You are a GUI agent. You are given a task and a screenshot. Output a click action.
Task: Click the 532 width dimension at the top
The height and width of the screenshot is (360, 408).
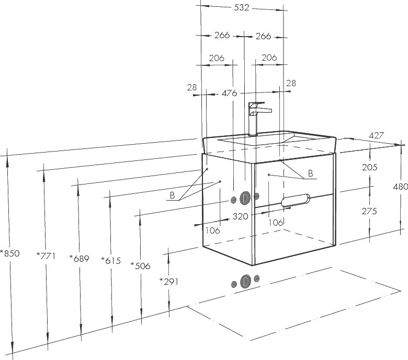pyautogui.click(x=242, y=7)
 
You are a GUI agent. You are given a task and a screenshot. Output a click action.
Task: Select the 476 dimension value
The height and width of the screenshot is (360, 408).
pyautogui.click(x=230, y=93)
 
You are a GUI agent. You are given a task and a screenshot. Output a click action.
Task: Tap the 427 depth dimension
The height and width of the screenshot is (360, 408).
pyautogui.click(x=377, y=135)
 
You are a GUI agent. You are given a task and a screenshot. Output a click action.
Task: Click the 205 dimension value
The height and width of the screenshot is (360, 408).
pyautogui.click(x=369, y=167)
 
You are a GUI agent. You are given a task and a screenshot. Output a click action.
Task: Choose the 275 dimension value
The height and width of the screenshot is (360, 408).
pyautogui.click(x=369, y=211)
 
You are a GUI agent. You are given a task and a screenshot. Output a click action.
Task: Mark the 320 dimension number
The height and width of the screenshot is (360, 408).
pyautogui.click(x=240, y=216)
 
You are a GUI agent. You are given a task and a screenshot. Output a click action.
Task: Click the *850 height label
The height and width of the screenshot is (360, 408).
pyautogui.click(x=10, y=254)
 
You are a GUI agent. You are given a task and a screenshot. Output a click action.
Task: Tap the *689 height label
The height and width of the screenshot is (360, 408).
pyautogui.click(x=80, y=258)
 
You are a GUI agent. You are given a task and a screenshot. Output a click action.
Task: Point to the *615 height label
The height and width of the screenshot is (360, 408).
pyautogui.click(x=110, y=261)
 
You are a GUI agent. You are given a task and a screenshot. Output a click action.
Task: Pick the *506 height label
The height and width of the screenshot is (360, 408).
pyautogui.click(x=140, y=265)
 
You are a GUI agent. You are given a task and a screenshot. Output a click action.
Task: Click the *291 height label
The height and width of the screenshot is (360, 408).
pyautogui.click(x=169, y=281)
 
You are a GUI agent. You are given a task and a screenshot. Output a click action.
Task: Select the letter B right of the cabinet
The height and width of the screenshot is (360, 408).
pyautogui.click(x=310, y=173)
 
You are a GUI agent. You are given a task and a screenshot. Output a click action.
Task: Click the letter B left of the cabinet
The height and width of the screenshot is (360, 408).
pyautogui.click(x=172, y=195)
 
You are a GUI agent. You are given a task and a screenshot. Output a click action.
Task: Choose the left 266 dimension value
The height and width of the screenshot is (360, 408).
pyautogui.click(x=222, y=36)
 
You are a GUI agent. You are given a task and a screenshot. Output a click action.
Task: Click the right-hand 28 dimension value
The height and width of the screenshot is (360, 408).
pyautogui.click(x=291, y=83)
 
